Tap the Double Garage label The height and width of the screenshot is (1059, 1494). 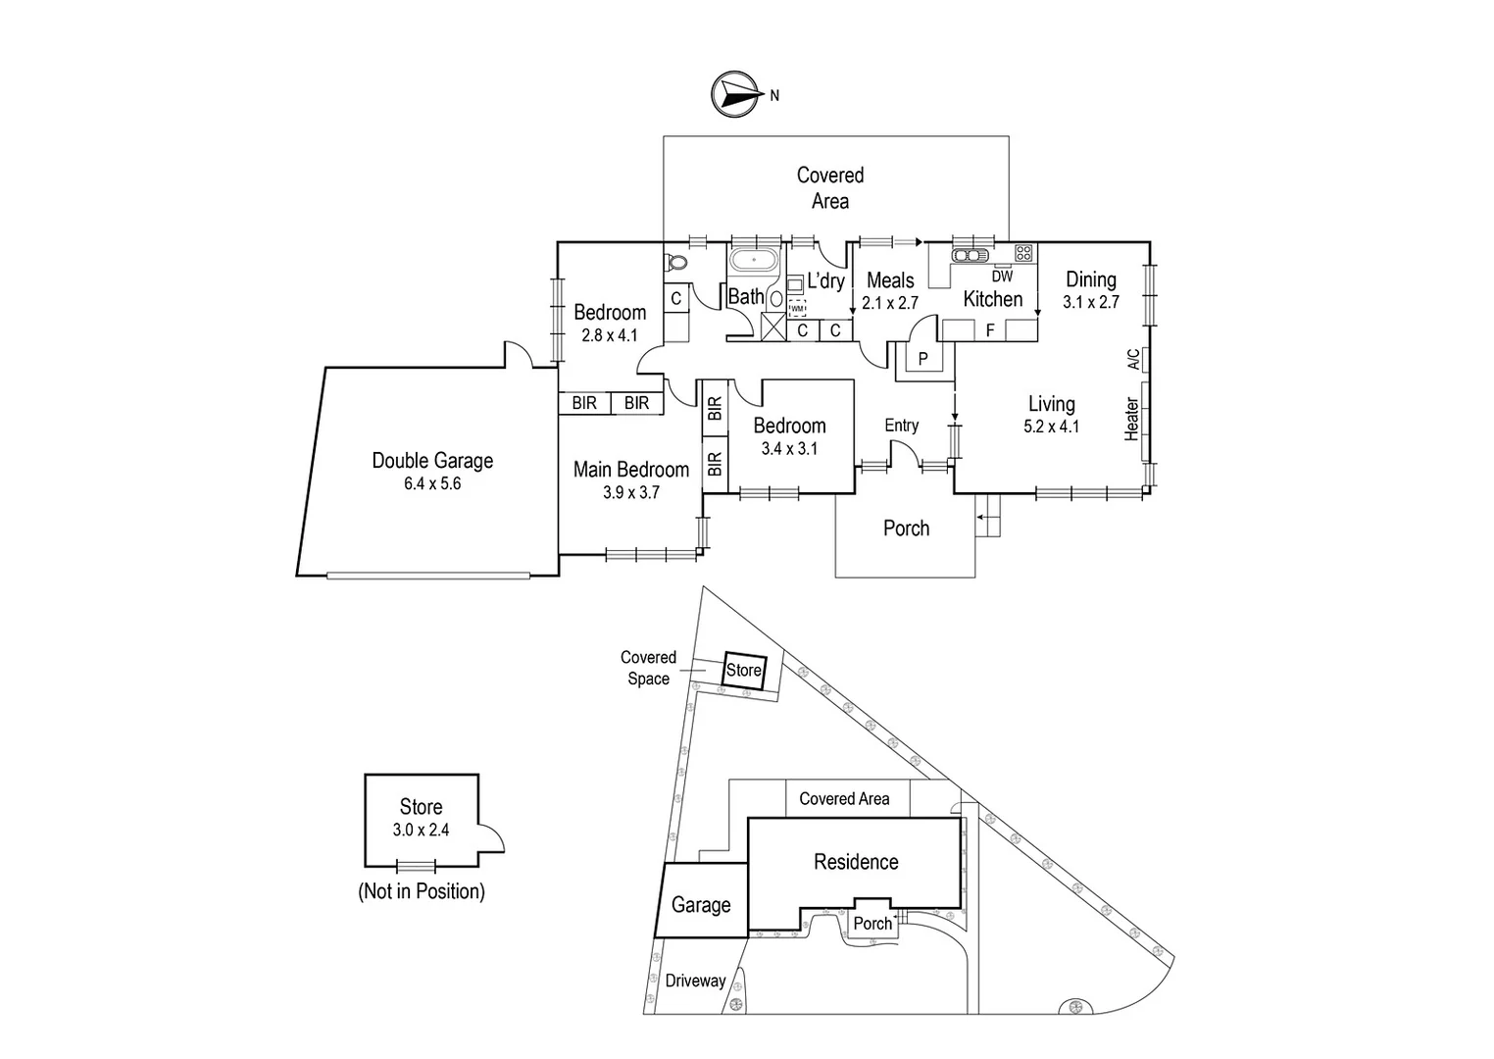click(432, 461)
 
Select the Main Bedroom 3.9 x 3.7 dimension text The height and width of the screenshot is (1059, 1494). click(631, 493)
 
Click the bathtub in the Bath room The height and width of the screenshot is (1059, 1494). click(753, 262)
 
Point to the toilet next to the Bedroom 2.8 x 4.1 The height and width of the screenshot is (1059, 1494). click(675, 263)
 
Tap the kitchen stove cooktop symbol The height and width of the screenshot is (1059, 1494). click(1023, 253)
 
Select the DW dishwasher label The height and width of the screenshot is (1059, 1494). click(1002, 277)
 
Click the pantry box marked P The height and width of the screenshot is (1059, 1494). click(922, 359)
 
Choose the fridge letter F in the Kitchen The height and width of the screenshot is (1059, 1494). click(990, 330)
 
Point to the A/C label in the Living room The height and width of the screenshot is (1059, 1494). click(1134, 359)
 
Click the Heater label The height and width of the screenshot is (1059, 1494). click(1132, 419)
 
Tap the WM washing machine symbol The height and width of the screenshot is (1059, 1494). click(797, 308)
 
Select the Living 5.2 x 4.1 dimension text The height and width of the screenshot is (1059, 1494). click(1052, 427)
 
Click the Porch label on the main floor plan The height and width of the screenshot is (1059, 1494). click(906, 529)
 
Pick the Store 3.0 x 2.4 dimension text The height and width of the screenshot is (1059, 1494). click(421, 830)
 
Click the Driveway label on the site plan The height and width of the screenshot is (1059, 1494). click(695, 981)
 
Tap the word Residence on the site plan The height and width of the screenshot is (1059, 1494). click(856, 862)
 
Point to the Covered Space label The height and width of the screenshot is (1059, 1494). click(648, 668)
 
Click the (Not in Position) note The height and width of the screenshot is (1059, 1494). click(422, 891)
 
